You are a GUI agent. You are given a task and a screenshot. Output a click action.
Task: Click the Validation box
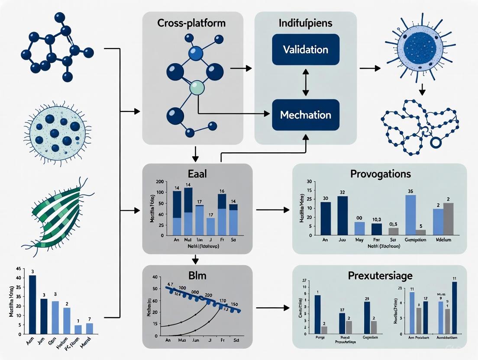[306, 49]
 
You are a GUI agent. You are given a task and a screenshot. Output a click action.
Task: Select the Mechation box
[306, 115]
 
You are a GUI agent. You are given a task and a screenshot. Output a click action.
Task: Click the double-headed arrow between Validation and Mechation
[306, 82]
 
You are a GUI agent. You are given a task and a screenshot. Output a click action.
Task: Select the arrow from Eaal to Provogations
[272, 210]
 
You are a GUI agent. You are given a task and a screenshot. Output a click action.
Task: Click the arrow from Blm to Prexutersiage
[272, 308]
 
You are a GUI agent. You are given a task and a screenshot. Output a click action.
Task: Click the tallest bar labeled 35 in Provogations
[410, 215]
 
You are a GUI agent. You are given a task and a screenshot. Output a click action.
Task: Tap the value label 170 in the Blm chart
[223, 300]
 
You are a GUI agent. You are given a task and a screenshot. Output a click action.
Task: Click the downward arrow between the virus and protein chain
[422, 90]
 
